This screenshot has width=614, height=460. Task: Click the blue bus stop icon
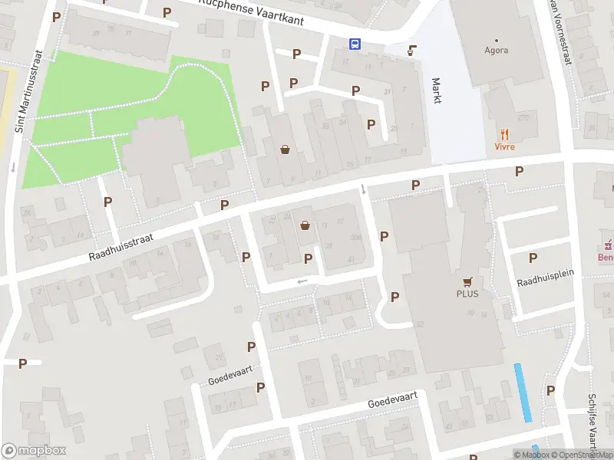(355, 44)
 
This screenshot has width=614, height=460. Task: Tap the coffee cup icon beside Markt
(412, 51)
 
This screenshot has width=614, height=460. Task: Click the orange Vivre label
(504, 146)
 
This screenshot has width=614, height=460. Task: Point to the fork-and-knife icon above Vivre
(504, 134)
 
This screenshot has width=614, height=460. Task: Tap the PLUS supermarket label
(467, 294)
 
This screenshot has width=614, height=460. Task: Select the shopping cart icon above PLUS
(467, 281)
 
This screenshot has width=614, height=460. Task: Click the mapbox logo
(34, 451)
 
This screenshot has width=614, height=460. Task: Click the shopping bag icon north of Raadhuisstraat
(286, 149)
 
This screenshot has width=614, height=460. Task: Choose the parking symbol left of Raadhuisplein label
(533, 258)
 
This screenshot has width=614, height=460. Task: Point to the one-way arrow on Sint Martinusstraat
(13, 167)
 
